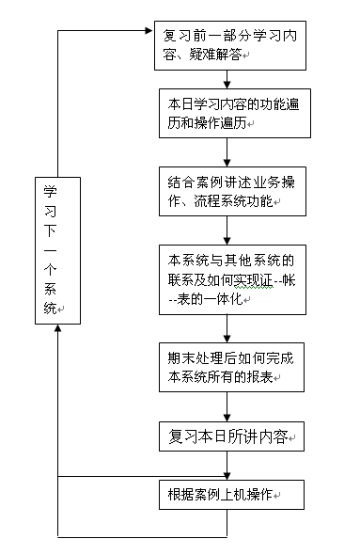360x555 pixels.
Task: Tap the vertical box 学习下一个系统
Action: (57, 249)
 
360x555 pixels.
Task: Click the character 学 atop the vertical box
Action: (51, 189)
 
